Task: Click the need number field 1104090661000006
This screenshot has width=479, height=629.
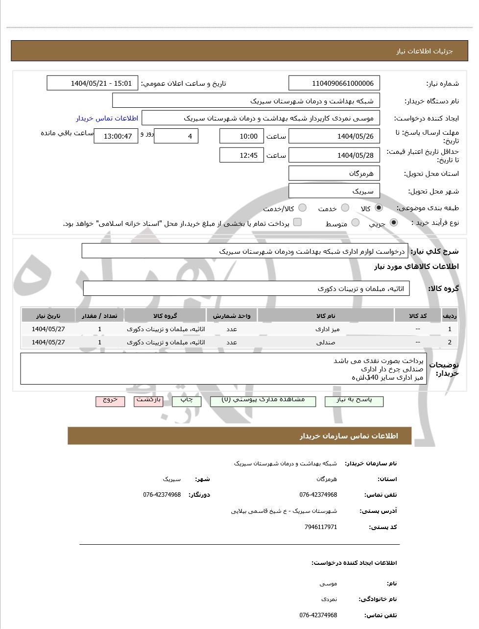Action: [335, 83]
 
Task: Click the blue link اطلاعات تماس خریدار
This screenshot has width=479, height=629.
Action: [107, 119]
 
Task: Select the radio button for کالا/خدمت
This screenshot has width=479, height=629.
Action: [302, 208]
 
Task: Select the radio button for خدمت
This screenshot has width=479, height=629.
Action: [345, 208]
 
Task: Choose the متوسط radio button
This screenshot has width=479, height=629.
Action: [356, 223]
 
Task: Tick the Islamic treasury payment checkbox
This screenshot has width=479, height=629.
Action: [297, 222]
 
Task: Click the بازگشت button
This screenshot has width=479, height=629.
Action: [148, 401]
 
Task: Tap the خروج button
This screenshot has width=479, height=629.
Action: [110, 401]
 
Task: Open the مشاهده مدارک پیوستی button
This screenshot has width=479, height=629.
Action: [263, 401]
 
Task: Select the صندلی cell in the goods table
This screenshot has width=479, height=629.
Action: [326, 342]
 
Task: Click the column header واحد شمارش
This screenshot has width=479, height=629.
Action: [232, 316]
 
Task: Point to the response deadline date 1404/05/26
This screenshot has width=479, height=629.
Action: [335, 136]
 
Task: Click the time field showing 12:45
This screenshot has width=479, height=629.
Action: [242, 155]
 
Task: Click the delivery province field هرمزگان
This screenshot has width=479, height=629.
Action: [335, 173]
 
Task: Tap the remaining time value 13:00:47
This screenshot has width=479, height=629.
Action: [116, 136]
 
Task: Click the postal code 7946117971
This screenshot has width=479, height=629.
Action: [320, 527]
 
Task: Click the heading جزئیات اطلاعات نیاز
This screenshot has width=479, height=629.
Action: [425, 51]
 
